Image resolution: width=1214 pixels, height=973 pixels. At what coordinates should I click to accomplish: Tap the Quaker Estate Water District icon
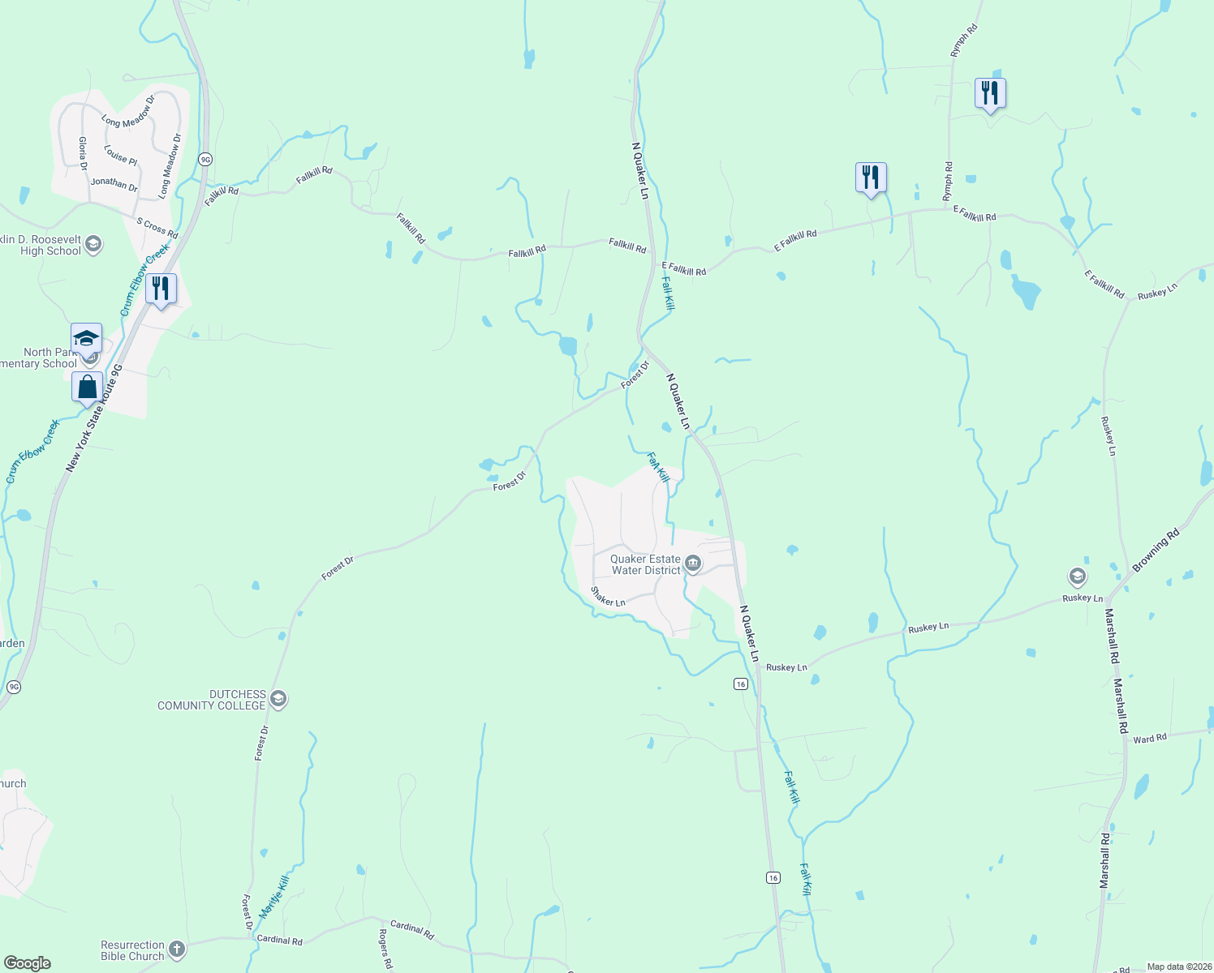click(692, 564)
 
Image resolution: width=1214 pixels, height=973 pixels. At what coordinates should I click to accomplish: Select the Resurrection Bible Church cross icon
click(177, 949)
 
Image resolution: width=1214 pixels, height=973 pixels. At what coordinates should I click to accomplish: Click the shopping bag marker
click(87, 387)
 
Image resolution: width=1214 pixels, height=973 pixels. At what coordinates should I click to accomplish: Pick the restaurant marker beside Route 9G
click(161, 289)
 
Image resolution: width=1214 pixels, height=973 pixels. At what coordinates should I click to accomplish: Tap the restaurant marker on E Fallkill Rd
click(870, 178)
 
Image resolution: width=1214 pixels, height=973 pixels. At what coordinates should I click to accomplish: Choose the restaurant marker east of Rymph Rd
click(989, 93)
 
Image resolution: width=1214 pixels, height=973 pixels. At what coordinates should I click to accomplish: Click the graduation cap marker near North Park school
click(86, 338)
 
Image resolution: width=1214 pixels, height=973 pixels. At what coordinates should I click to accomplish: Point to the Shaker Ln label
click(608, 597)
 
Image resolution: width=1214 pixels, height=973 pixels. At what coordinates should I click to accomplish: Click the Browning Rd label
click(1156, 551)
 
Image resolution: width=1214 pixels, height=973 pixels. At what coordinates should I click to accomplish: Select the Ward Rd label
click(1149, 739)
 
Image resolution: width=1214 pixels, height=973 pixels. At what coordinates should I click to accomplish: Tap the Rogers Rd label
click(385, 948)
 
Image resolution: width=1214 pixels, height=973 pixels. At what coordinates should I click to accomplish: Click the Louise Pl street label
click(120, 155)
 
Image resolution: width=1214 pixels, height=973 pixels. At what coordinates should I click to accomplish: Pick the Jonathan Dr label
click(114, 183)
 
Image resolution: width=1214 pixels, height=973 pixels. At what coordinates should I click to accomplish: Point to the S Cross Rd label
click(157, 228)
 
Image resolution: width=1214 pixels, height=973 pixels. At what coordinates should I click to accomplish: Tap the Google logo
click(27, 963)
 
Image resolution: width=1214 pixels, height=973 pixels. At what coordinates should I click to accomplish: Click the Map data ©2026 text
click(1178, 967)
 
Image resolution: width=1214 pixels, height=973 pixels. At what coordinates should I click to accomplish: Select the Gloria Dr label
click(83, 153)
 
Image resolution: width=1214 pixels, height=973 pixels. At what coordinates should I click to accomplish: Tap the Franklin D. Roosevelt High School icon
click(93, 244)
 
